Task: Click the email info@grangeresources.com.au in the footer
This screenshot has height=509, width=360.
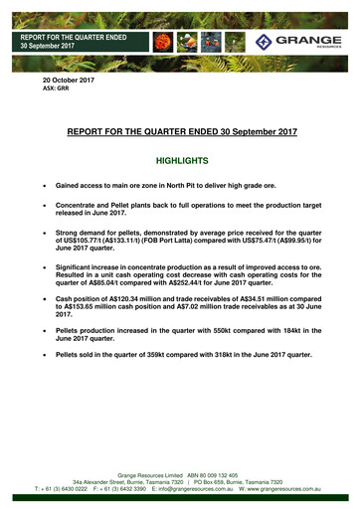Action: [187, 490]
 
